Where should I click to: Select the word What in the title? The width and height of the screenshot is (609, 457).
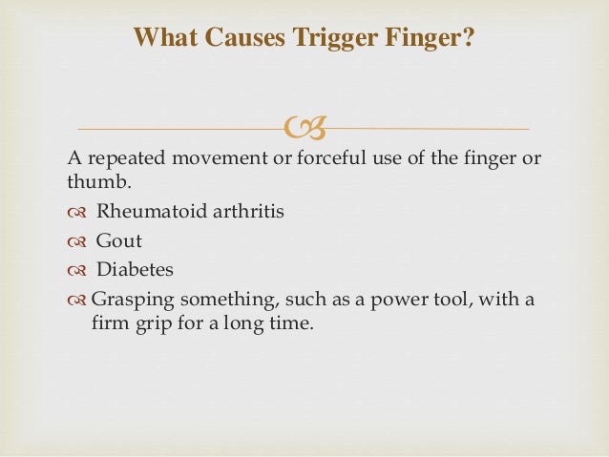click(x=162, y=38)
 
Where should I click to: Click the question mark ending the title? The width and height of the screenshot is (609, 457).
click(x=470, y=38)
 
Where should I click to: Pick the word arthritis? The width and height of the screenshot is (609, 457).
click(x=242, y=211)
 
